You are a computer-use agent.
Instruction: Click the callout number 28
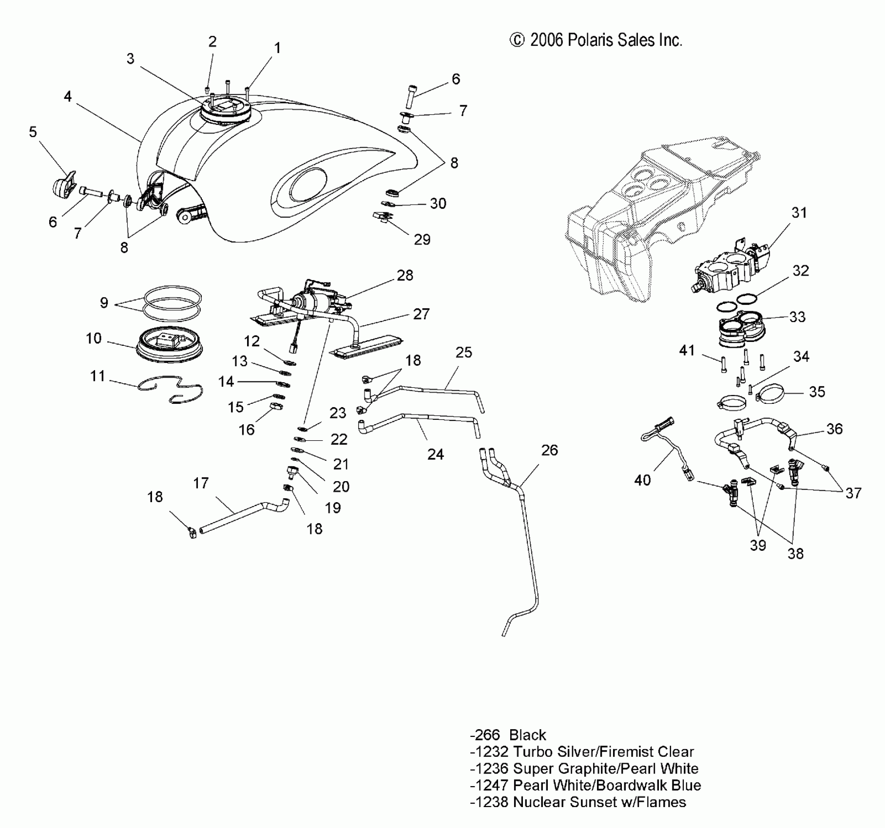click(x=405, y=275)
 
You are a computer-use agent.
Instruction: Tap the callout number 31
click(x=799, y=212)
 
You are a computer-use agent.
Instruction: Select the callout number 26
click(x=549, y=450)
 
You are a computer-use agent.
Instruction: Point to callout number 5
click(x=33, y=132)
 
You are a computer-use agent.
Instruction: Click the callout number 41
click(x=687, y=350)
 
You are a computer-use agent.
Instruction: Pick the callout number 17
click(x=201, y=483)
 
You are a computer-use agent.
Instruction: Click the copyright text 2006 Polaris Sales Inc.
click(x=596, y=40)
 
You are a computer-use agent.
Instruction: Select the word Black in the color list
click(x=528, y=735)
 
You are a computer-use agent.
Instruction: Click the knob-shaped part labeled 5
click(x=63, y=184)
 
